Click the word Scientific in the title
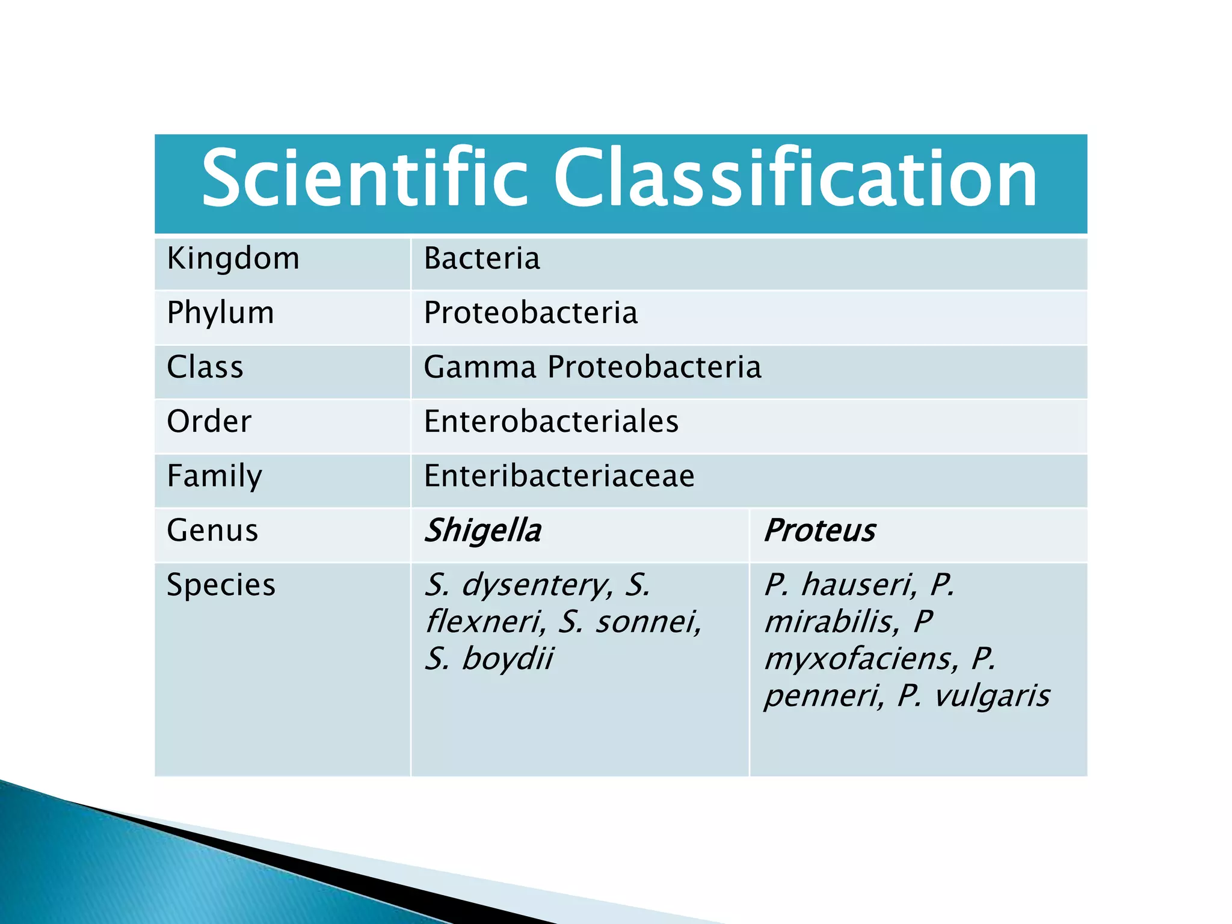[365, 179]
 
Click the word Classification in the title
[795, 179]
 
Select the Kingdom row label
[233, 259]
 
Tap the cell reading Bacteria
[482, 259]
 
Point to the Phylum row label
[220, 313]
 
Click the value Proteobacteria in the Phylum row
[531, 313]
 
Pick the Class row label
[205, 368]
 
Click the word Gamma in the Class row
[479, 368]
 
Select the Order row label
[209, 422]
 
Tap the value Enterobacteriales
[551, 422]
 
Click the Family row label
[214, 476]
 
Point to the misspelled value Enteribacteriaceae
[559, 476]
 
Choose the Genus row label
[212, 531]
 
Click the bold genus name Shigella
[482, 531]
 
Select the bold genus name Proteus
[819, 531]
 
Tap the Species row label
[221, 585]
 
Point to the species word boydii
[507, 659]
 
